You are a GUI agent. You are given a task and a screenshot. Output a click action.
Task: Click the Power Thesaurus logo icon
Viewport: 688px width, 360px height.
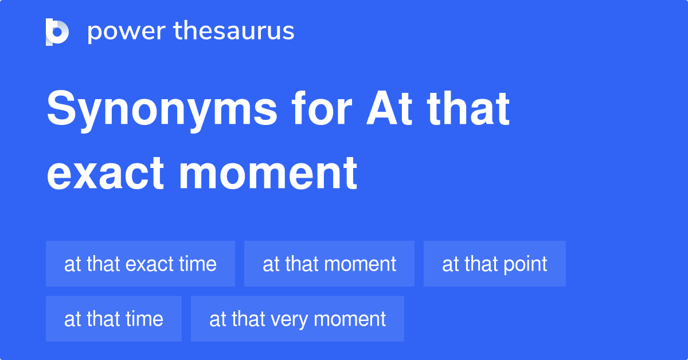click(x=57, y=32)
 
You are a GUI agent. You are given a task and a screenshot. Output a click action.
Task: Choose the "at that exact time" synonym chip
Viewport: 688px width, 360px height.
click(x=140, y=264)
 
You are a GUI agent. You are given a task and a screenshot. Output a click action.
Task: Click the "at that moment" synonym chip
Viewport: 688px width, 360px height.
click(x=329, y=264)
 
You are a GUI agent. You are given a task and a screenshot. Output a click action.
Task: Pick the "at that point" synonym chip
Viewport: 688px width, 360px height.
click(x=494, y=264)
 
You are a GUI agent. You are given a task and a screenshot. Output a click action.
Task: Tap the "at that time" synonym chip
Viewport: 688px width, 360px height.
click(x=114, y=319)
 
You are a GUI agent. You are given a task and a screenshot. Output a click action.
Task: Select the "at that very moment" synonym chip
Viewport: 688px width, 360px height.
click(x=297, y=319)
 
